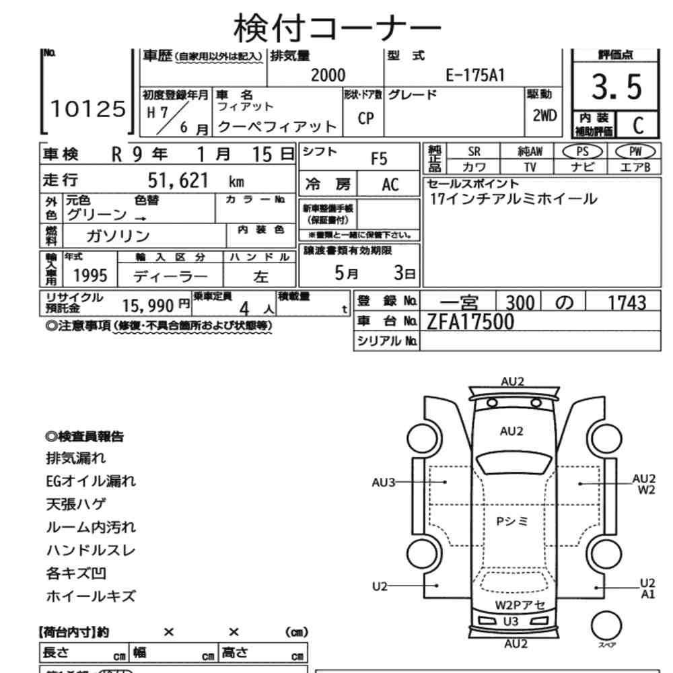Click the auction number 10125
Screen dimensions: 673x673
[88, 109]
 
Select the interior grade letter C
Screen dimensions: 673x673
[637, 125]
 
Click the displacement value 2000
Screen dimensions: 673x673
[328, 76]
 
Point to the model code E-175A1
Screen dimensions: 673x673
[474, 76]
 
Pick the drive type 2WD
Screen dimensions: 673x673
[544, 115]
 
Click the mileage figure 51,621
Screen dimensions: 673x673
[178, 180]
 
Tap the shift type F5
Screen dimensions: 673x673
[380, 159]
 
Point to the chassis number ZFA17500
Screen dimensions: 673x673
[470, 322]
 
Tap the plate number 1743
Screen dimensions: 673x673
[626, 303]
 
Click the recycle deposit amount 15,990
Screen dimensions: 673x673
[149, 305]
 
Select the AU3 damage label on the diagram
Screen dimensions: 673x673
[383, 482]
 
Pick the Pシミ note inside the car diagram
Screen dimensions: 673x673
[511, 522]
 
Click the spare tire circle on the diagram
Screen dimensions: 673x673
[605, 623]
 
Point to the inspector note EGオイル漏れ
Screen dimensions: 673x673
[91, 481]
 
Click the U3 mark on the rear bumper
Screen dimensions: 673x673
[511, 621]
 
